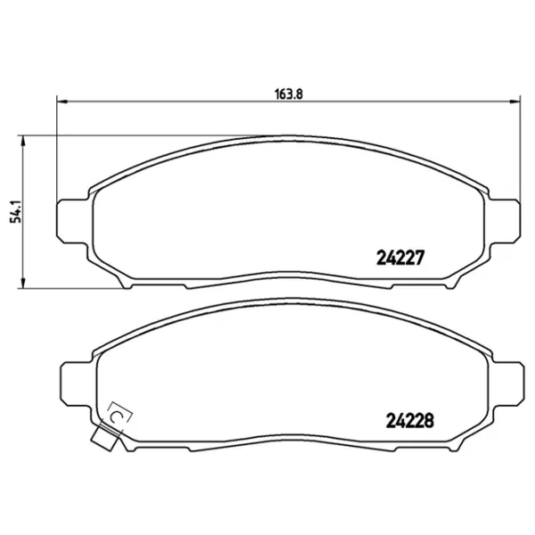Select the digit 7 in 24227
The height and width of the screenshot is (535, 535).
pyautogui.click(x=426, y=256)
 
